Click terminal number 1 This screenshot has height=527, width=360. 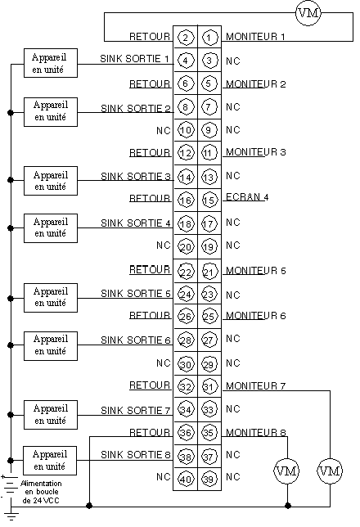coord(209,38)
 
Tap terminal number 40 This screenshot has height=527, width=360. coord(186,479)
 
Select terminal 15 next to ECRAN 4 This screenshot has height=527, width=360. coord(209,200)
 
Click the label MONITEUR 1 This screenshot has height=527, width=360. coord(255,36)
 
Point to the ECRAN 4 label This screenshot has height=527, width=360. coord(247,197)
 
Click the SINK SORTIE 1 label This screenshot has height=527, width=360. coord(134,58)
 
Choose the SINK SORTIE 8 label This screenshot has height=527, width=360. coord(136,454)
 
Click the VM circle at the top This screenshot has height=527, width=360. coord(308,13)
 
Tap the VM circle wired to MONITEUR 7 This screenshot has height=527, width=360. coord(330,471)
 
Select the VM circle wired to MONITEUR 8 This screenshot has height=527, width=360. coord(286,471)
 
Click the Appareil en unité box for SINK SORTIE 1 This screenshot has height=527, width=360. coord(51,63)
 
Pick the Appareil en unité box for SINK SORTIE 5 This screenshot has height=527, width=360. coord(51,298)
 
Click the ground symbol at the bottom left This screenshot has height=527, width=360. coord(11,516)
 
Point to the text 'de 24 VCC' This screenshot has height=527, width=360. coord(41,501)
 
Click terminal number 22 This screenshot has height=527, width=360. coord(186,271)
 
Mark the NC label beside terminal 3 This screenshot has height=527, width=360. coord(233,61)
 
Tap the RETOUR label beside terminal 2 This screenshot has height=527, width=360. coord(150,36)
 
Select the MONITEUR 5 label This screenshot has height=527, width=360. coord(256,271)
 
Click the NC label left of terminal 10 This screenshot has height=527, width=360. coord(164,130)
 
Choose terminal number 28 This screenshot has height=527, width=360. coord(186,340)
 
